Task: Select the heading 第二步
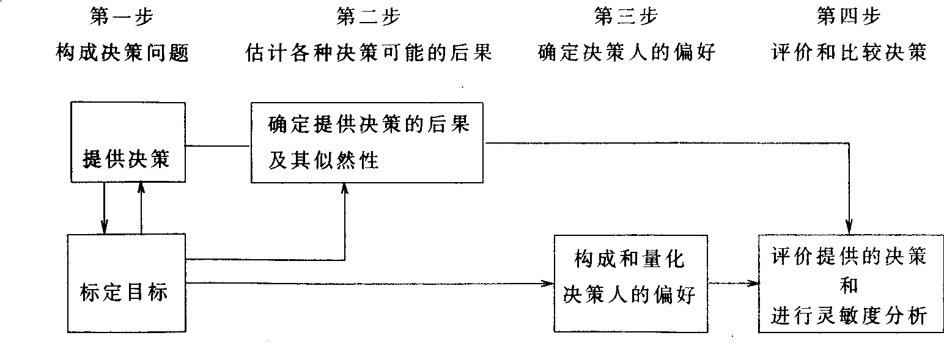368,17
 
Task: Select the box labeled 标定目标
125,283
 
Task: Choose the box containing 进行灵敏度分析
850,283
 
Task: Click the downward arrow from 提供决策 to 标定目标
105,208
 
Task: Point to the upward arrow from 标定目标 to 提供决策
141,208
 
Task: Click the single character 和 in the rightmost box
849,284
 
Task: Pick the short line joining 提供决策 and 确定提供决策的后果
218,145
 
